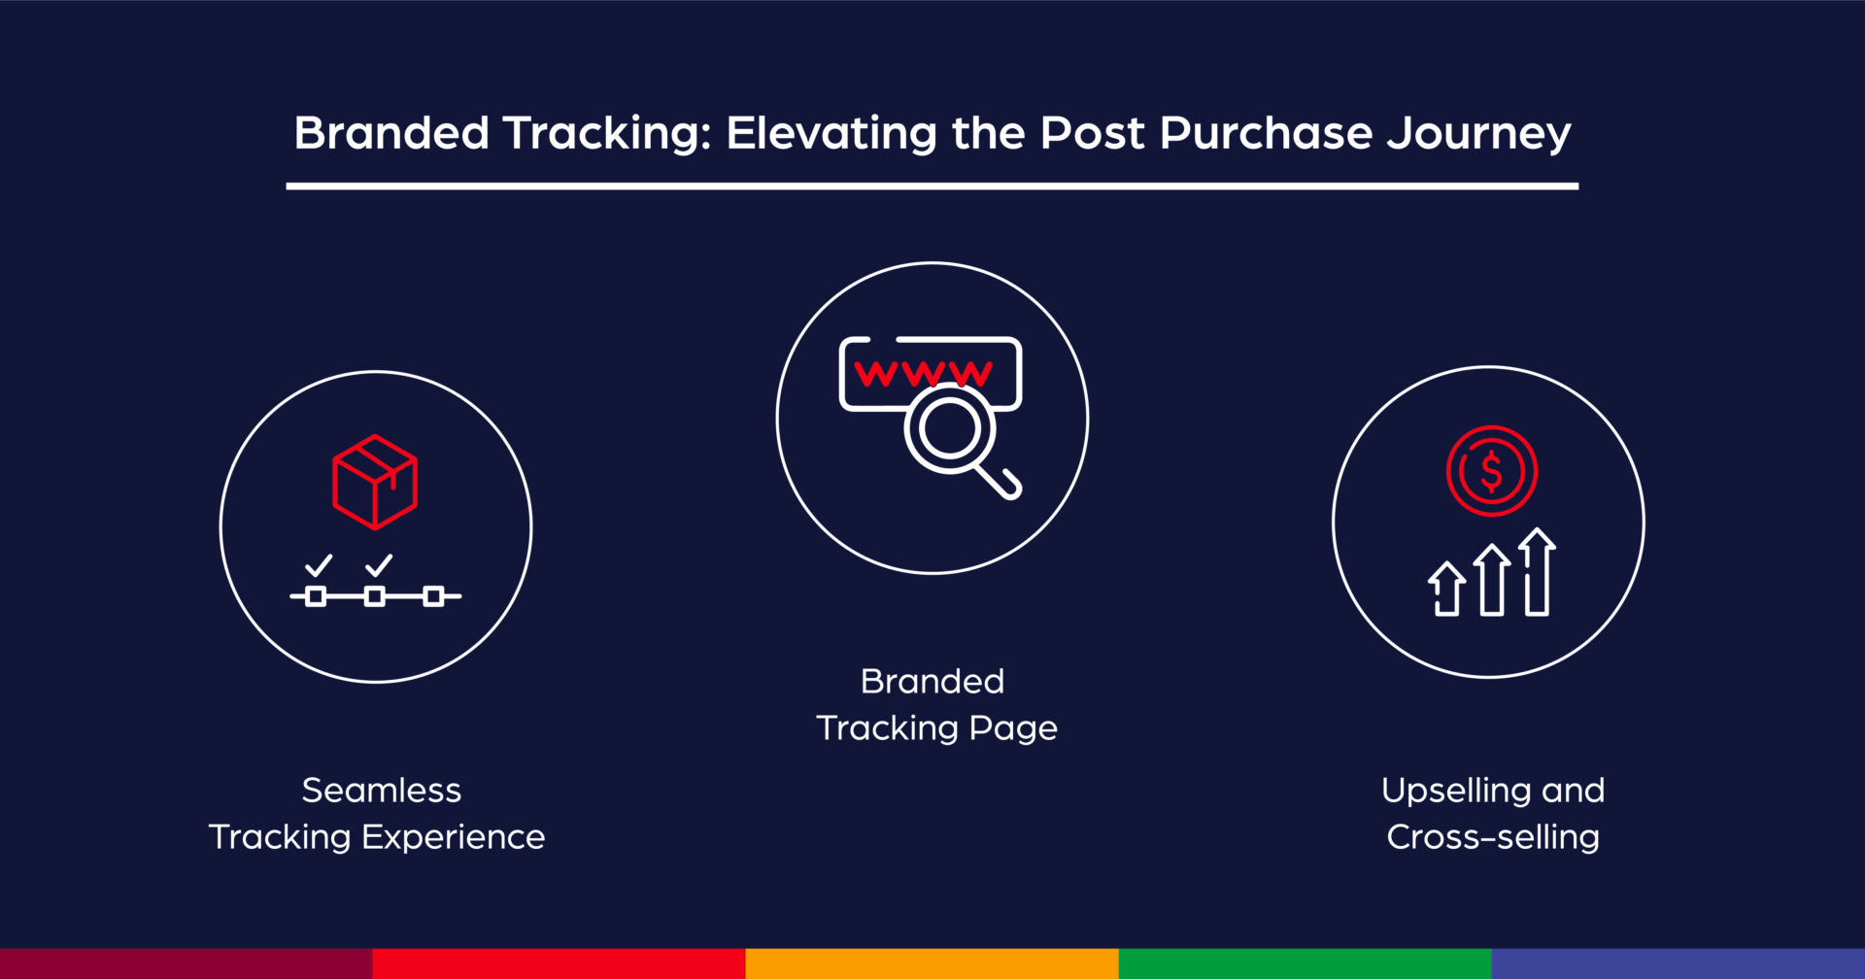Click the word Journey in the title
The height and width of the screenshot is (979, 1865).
(1478, 134)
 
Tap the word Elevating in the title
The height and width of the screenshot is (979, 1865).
(831, 133)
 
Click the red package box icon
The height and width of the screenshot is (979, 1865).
(375, 482)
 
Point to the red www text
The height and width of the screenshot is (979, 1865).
(924, 373)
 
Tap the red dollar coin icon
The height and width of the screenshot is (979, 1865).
(1491, 471)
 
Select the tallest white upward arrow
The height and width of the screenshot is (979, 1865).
(1537, 571)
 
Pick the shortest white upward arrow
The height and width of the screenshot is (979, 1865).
(1447, 589)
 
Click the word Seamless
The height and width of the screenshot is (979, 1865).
(382, 791)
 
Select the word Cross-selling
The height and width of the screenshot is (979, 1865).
(1493, 837)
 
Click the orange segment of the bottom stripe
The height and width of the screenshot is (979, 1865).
(932, 963)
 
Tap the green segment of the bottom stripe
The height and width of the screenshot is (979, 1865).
(1305, 963)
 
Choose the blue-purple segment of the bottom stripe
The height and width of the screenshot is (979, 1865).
(1678, 963)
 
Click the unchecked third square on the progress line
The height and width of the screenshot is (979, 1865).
(433, 596)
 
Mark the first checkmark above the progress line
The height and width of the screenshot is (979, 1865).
(319, 565)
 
